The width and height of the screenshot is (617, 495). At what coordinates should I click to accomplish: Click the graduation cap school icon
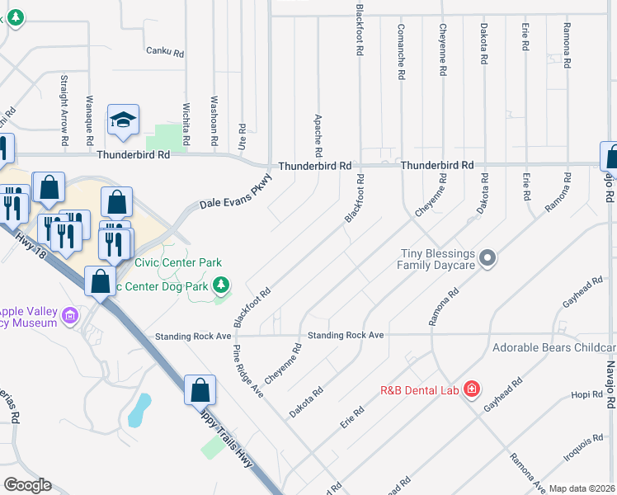click(123, 122)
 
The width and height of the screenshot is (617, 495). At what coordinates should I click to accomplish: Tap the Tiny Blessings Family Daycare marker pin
click(487, 259)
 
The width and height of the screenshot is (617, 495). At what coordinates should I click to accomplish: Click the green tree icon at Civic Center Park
click(220, 286)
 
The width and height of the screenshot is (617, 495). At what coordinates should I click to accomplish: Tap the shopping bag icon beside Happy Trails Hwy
click(200, 389)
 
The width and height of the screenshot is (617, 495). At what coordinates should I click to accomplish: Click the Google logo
click(26, 484)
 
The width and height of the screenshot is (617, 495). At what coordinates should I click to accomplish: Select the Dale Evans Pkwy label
click(236, 199)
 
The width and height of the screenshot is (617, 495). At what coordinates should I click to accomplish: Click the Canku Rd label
click(162, 50)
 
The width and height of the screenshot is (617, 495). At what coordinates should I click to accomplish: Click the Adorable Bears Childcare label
click(553, 347)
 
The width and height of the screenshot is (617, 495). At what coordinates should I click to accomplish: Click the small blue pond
click(140, 408)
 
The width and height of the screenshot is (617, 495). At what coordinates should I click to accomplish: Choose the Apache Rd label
click(318, 135)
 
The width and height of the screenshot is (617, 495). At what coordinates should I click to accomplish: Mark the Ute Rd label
click(242, 135)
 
